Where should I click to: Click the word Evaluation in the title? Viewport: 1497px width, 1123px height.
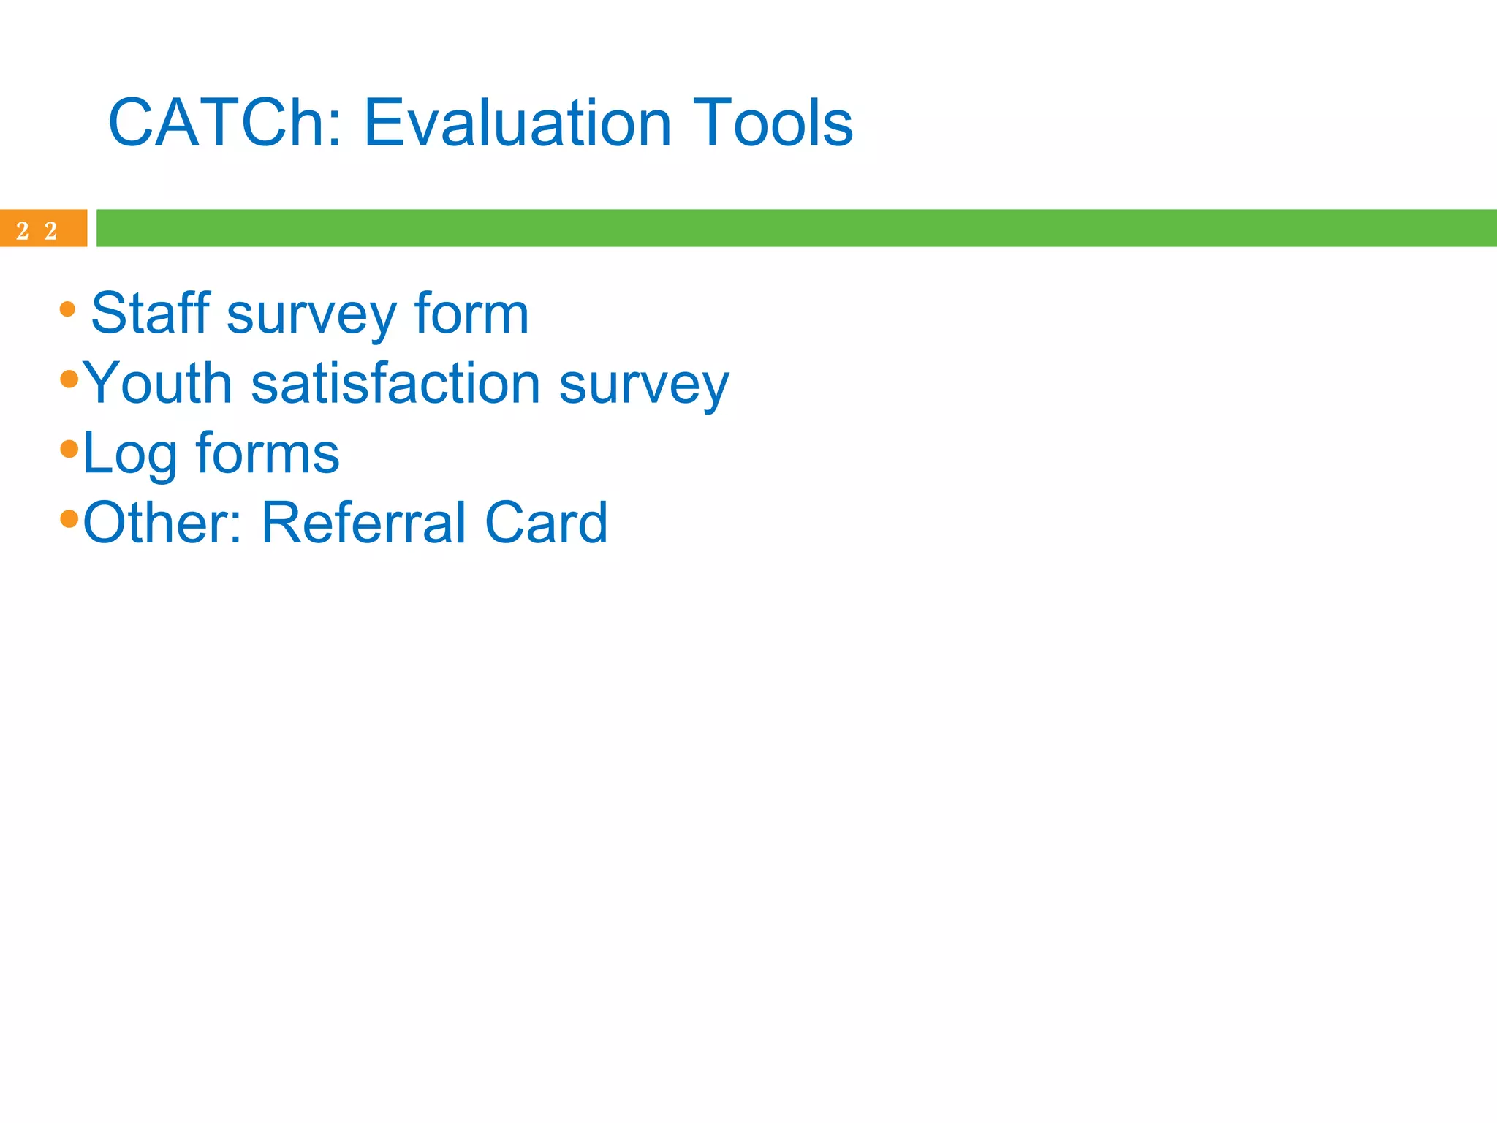tap(517, 123)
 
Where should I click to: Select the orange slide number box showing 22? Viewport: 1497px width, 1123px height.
tap(42, 229)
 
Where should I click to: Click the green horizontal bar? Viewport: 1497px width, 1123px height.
tap(795, 228)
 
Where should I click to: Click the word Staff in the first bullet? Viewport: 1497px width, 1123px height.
tap(151, 314)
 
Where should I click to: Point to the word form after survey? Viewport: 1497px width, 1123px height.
tap(471, 314)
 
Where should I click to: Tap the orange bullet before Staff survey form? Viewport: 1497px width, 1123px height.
tap(67, 309)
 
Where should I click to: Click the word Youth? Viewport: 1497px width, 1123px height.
tap(157, 383)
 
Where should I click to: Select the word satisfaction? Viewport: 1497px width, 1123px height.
tap(395, 383)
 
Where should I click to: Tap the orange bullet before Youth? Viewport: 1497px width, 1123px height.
tap(69, 379)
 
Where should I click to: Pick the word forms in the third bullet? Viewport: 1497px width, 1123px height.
tap(268, 453)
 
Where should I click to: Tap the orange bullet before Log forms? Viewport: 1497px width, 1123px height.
tap(69, 449)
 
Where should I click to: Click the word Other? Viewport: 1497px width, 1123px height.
tap(162, 523)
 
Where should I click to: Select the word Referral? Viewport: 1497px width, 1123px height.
tap(363, 523)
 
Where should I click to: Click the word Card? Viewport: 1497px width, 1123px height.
tap(546, 523)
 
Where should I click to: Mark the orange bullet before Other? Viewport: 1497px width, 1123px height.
tap(69, 518)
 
